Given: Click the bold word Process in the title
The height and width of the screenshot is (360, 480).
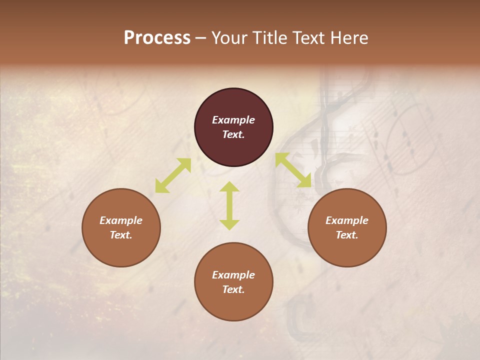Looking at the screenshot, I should (157, 38).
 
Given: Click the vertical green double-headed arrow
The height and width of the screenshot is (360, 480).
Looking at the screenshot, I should (229, 205).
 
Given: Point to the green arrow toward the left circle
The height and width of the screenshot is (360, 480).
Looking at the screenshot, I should (173, 175).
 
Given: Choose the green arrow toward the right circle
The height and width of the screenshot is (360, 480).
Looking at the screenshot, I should (293, 170).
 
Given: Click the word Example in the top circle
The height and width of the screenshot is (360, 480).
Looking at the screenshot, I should (233, 120).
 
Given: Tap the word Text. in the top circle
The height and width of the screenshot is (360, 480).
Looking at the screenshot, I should (233, 134).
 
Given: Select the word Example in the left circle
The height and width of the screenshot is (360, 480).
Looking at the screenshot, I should (121, 220).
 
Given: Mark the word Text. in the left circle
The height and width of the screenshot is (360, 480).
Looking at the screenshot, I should (121, 235).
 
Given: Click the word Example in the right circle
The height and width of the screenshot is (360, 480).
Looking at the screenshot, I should (347, 220).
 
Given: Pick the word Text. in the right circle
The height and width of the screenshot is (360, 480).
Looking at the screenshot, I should (347, 235).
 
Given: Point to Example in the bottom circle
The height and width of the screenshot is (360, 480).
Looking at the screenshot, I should (233, 275).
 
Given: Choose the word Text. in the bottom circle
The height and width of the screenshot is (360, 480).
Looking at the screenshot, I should (233, 289).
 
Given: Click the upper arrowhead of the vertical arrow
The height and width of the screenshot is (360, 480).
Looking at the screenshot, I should (229, 186).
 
